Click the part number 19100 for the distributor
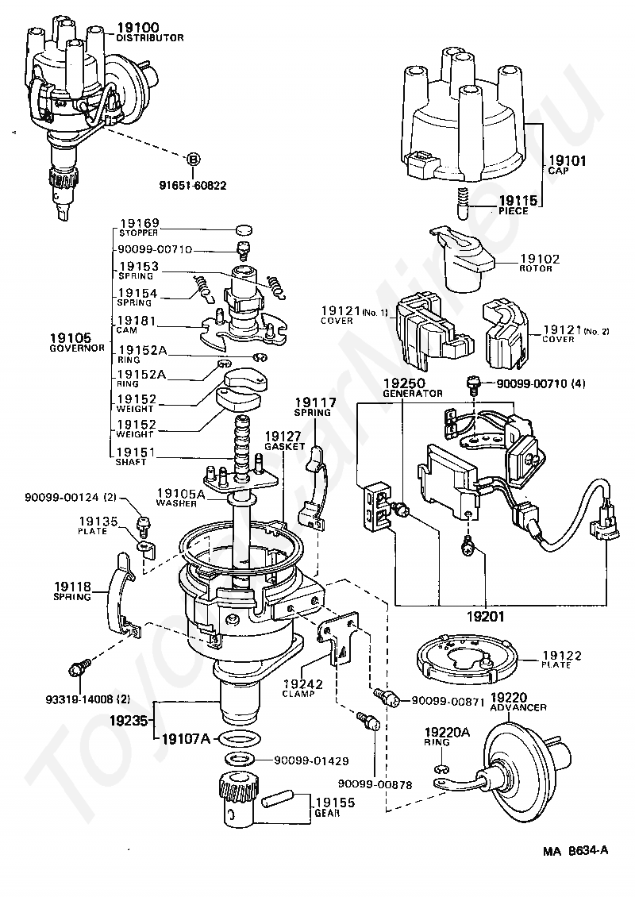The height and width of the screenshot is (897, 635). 138,27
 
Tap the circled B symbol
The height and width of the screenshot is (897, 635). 194,160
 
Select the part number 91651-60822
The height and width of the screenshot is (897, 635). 193,185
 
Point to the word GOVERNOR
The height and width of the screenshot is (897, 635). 77,348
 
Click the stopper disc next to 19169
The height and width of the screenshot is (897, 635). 244,230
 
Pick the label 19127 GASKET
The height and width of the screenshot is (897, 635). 284,441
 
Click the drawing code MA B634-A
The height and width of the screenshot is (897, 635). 575,850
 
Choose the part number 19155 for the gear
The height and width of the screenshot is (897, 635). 335,803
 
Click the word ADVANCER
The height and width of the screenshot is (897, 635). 518,707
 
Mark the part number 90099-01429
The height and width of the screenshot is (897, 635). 311,760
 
